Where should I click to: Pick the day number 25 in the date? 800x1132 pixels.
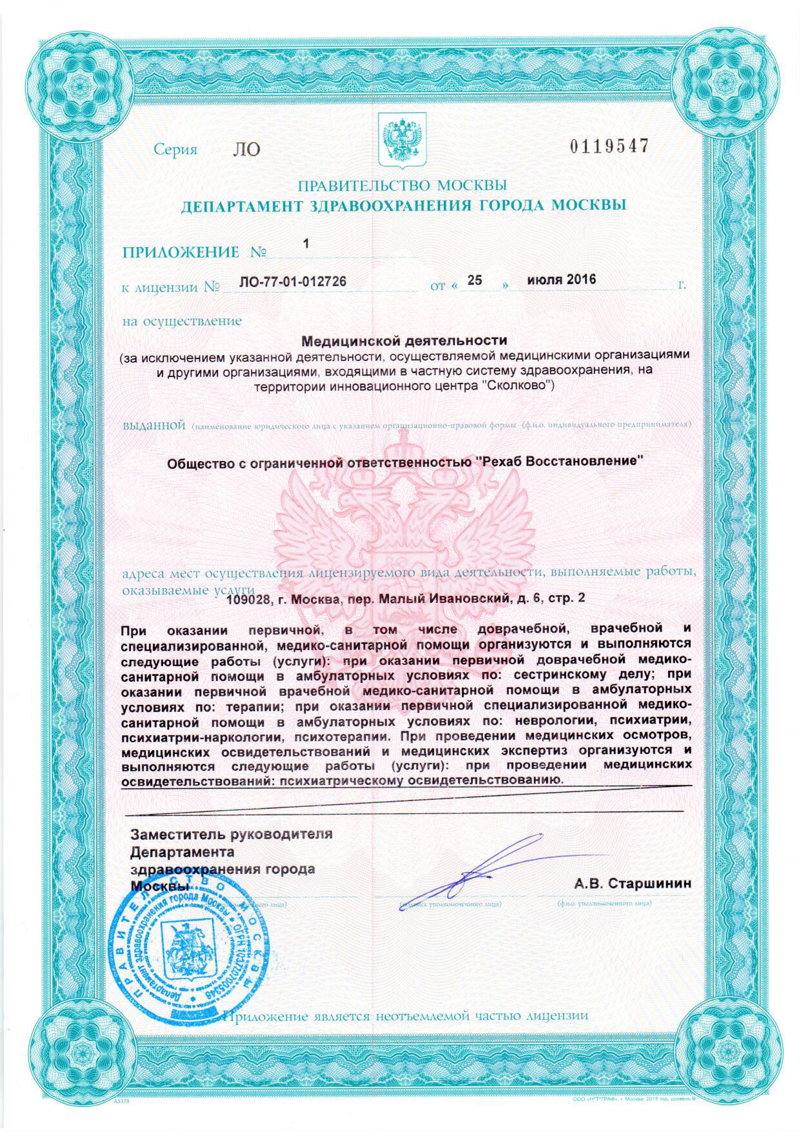coord(474,280)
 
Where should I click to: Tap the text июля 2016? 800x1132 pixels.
coord(561,280)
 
